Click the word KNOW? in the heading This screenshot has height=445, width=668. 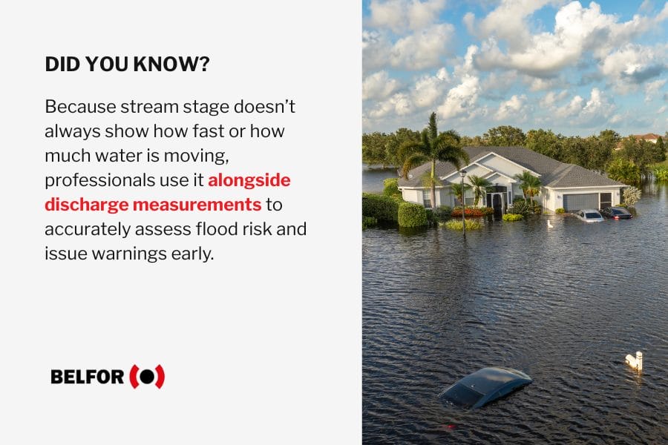tap(171, 65)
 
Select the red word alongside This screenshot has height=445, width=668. tap(249, 180)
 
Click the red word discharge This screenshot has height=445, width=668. tap(87, 205)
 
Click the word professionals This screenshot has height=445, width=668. tap(99, 180)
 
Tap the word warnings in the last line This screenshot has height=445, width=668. tap(129, 254)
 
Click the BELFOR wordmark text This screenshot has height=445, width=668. tap(88, 377)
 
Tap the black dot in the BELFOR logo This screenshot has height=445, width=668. tap(147, 377)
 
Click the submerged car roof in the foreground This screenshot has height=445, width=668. tap(485, 386)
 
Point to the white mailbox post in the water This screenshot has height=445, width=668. tap(635, 360)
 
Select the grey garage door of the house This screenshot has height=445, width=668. tap(580, 201)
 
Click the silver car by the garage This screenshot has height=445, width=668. tap(589, 216)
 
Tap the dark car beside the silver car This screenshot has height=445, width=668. tap(617, 213)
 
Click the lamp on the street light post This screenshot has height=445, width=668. tap(463, 174)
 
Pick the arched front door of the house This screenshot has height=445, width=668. tap(497, 202)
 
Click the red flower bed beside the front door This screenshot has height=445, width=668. tap(471, 211)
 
